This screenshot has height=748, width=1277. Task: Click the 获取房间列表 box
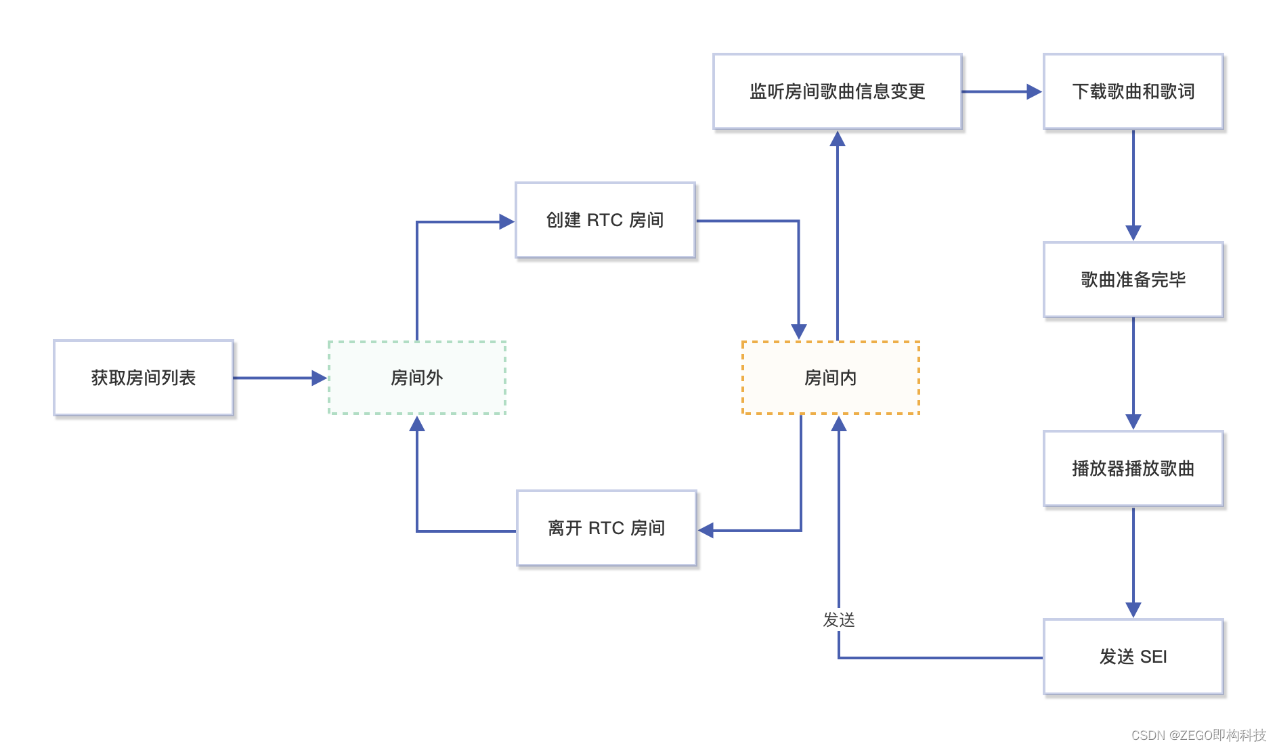tap(144, 378)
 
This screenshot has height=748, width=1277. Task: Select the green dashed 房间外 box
tap(417, 378)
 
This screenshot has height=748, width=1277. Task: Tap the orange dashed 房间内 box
tap(831, 378)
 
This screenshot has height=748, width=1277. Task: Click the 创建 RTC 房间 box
tap(605, 220)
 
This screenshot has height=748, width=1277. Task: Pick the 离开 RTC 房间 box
tap(607, 528)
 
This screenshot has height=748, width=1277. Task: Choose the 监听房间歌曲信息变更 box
tap(838, 91)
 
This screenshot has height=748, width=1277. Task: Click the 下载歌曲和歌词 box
tap(1133, 91)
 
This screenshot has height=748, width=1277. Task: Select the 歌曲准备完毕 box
tap(1133, 280)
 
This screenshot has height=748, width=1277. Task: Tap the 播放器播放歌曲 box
tap(1133, 468)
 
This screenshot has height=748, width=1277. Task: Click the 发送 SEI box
tap(1133, 657)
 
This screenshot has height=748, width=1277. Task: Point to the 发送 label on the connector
tap(839, 620)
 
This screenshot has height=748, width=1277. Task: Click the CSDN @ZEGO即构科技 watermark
tap(1198, 735)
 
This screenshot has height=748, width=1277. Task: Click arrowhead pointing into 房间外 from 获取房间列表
tap(319, 378)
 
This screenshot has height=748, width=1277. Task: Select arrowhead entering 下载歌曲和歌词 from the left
tap(1034, 91)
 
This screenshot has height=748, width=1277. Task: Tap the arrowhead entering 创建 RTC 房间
tap(506, 221)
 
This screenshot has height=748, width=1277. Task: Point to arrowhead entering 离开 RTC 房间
tap(706, 531)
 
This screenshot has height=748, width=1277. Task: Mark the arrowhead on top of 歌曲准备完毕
tap(1133, 233)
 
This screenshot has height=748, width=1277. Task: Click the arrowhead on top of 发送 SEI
tap(1133, 610)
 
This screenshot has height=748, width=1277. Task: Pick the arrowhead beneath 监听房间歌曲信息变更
tap(838, 139)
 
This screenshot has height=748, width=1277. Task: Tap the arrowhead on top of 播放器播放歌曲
tap(1133, 422)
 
